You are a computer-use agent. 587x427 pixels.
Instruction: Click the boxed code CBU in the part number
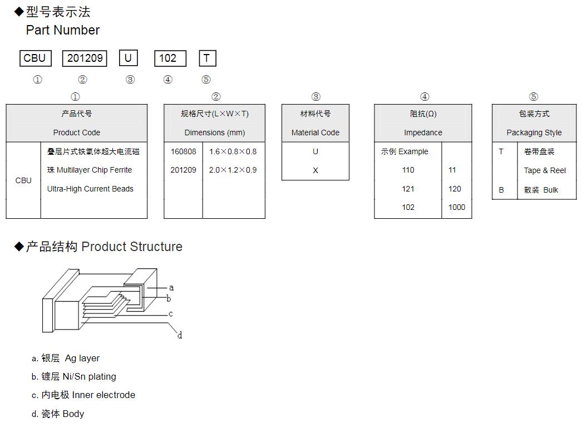point(34,58)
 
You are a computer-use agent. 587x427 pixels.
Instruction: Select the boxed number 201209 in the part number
point(85,58)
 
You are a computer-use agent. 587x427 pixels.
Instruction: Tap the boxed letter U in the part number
point(128,58)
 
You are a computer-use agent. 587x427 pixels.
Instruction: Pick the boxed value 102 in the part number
point(168,58)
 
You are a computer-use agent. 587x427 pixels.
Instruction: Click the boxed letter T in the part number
point(207,58)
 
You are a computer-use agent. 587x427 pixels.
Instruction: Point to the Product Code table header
point(77,132)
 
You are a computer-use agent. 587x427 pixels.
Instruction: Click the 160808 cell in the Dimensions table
point(183,151)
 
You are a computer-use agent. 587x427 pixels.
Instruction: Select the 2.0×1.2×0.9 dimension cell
point(233,170)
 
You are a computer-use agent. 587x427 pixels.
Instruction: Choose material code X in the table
point(315,170)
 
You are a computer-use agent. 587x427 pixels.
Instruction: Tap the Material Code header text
point(315,132)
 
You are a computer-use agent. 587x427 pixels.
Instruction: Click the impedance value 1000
point(456,207)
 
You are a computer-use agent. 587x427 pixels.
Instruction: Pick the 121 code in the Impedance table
point(408,189)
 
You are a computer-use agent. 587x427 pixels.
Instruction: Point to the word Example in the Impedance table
point(413,151)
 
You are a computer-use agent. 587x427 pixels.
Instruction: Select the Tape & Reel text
point(545,170)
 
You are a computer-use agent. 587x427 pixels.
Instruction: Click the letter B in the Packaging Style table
point(501,190)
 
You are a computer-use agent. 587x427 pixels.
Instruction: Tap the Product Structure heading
point(132,247)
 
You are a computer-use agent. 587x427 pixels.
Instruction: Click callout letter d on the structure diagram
point(180,335)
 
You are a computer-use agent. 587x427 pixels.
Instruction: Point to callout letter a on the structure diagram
point(171,288)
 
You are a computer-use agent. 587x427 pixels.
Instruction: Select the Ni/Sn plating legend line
point(74,376)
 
